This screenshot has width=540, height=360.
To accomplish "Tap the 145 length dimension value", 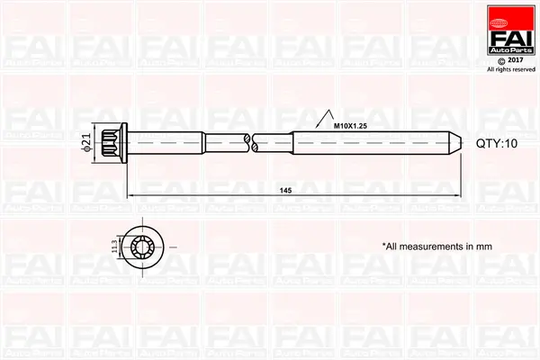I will pyautogui.click(x=285, y=191).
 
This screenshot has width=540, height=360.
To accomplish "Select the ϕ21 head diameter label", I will pyautogui.click(x=87, y=142).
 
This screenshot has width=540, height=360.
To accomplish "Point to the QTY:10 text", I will pyautogui.click(x=498, y=142).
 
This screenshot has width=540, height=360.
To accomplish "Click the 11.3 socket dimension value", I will pyautogui.click(x=114, y=245).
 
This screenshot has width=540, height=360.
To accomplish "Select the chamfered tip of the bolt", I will pyautogui.click(x=457, y=142).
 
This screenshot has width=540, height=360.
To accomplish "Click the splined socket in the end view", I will pyautogui.click(x=144, y=245).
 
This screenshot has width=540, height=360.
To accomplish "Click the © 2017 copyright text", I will pyautogui.click(x=510, y=59).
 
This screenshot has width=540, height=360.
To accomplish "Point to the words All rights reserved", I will pyautogui.click(x=510, y=69).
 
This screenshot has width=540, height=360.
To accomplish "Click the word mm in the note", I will pyautogui.click(x=484, y=245).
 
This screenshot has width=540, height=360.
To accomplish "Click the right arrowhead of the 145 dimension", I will pyautogui.click(x=460, y=195).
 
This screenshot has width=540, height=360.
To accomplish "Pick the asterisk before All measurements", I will pyautogui.click(x=384, y=244).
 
